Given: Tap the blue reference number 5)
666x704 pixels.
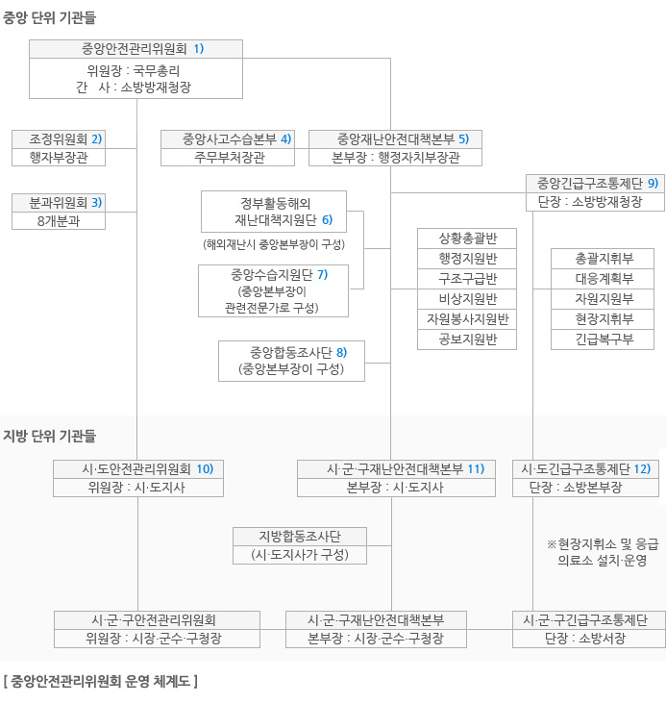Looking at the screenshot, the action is click(463, 139).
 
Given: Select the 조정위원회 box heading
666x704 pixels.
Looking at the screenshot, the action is click(59, 139).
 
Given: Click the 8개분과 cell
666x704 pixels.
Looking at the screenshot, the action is click(59, 221).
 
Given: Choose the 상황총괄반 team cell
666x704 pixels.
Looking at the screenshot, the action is click(467, 239).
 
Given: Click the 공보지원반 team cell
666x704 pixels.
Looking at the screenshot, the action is click(467, 339).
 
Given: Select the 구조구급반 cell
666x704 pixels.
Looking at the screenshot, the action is click(467, 279).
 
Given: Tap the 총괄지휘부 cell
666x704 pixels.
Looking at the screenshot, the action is click(603, 259).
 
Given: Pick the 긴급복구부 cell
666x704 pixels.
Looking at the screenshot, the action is click(603, 339).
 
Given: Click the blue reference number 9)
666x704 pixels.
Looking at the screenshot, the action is click(653, 183).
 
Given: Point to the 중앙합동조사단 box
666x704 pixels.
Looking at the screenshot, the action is click(291, 361).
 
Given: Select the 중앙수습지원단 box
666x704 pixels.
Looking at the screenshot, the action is click(273, 291).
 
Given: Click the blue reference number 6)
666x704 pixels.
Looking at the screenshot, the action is click(327, 220).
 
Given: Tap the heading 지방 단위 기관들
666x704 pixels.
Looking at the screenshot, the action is click(49, 436).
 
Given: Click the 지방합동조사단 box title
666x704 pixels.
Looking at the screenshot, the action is click(300, 536).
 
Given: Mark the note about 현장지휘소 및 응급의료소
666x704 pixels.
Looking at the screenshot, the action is click(603, 552).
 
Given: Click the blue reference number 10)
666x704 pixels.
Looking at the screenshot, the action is click(205, 469).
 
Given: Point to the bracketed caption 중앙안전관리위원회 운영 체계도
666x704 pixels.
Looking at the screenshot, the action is click(101, 682).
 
